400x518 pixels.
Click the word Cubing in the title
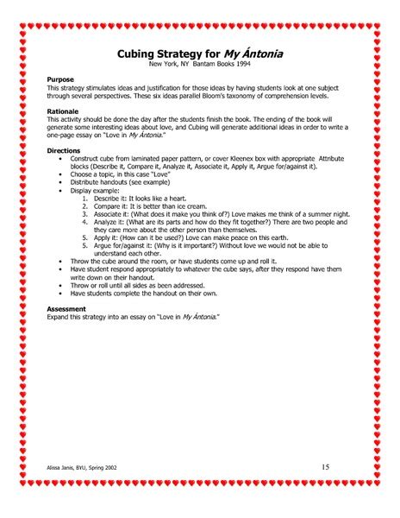pyautogui.click(x=140, y=54)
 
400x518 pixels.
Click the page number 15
pyautogui.click(x=325, y=467)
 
